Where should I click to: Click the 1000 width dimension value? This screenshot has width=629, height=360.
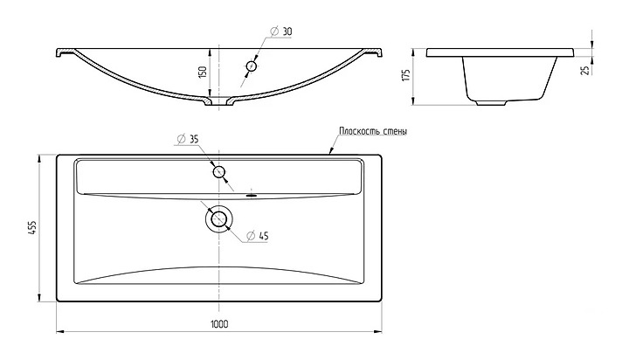coord(219,324)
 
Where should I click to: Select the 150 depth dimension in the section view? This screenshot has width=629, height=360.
coord(203,72)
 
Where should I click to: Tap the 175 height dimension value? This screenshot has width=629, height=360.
coord(406,75)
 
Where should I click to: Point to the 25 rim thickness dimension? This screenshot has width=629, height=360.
coord(585,70)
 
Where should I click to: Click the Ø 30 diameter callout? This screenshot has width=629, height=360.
coord(281,31)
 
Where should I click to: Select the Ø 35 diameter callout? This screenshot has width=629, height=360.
coord(188,139)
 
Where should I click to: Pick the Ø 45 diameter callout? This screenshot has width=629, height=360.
coord(257,236)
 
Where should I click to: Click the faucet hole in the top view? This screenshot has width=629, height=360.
coord(218,172)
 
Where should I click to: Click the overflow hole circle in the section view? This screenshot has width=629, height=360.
coord(252,66)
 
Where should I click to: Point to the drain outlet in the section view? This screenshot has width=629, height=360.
coord(219,101)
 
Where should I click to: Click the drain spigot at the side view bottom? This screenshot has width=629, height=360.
coord(491,103)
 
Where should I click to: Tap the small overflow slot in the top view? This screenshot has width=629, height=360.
coord(252,196)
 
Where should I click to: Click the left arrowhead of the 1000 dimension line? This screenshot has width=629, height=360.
coord(60,331)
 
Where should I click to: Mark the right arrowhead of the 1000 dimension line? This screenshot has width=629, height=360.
coord(377,331)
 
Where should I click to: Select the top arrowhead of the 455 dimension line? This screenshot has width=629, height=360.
coord(39,159)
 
